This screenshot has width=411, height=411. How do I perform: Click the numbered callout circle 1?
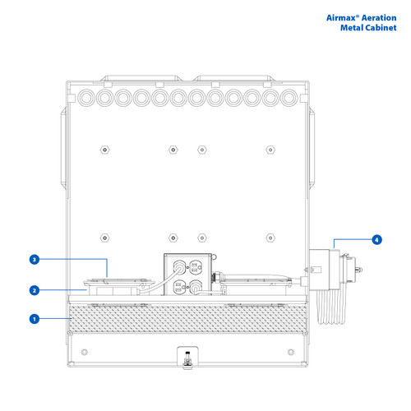tap(35, 317)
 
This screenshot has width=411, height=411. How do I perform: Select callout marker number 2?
tap(35, 289)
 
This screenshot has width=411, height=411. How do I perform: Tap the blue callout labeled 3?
tap(35, 260)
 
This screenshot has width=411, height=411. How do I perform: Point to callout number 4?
tap(376, 240)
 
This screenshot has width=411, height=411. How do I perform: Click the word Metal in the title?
tap(353, 28)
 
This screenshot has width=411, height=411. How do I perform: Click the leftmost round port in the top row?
tap(85, 98)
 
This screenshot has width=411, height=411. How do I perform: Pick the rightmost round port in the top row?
tap(289, 98)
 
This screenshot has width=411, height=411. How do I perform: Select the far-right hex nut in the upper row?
tap(270, 150)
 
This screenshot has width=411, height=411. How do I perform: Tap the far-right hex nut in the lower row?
tap(270, 237)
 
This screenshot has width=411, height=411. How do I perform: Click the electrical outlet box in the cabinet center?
tap(187, 275)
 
